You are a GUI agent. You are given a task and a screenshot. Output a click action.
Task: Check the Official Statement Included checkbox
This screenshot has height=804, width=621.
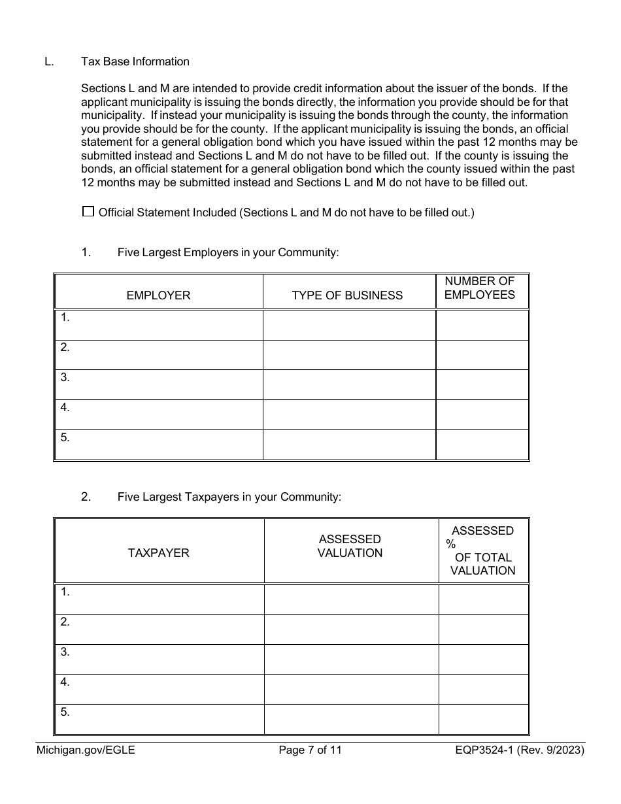[x=88, y=212]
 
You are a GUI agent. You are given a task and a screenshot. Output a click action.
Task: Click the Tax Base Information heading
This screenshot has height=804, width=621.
[x=135, y=61]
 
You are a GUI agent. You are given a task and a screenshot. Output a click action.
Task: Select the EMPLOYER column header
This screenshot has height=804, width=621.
[x=158, y=295]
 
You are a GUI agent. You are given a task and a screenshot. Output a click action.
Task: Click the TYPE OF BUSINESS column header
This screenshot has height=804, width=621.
[x=347, y=295]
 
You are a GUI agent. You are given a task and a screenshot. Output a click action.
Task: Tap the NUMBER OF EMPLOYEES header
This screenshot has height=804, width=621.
[x=480, y=288]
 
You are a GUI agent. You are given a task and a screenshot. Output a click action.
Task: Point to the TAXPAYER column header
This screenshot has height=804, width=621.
[x=159, y=552]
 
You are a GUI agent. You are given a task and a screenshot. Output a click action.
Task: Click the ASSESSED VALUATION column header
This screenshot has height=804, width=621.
[x=350, y=546]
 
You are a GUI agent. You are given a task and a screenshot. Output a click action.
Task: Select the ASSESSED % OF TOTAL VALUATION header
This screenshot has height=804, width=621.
[x=482, y=550]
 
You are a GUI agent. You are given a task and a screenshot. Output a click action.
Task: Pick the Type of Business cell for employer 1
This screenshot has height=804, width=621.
[x=349, y=325]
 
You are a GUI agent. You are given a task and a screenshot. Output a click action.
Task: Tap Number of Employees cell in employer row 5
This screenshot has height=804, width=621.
[x=482, y=444]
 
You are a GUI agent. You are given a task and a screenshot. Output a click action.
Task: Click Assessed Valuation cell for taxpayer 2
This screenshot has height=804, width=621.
[x=351, y=629]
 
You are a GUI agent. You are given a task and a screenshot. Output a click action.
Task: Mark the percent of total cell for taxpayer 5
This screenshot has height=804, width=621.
[x=483, y=719]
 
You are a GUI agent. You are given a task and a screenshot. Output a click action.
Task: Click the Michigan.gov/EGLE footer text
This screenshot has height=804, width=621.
[x=85, y=750]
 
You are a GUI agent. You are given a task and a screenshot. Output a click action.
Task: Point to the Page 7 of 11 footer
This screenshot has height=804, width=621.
[x=310, y=750]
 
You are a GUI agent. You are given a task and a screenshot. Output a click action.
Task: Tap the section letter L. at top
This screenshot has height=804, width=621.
[x=49, y=61]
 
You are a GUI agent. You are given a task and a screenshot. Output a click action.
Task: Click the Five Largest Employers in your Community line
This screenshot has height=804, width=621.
[x=228, y=252]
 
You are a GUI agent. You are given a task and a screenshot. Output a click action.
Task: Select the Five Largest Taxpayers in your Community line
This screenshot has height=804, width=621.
[x=229, y=497]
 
